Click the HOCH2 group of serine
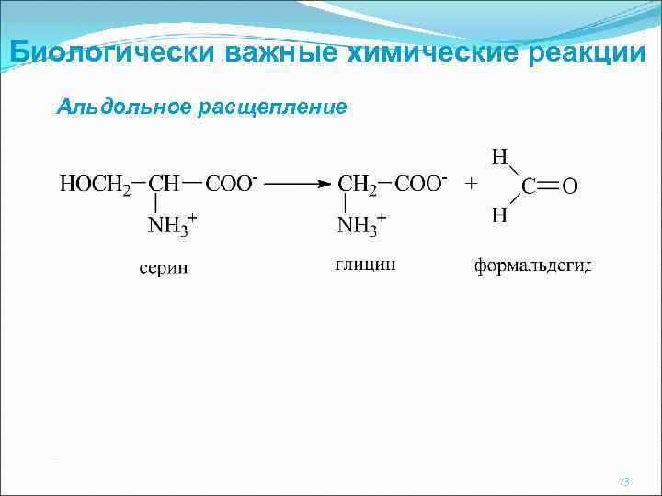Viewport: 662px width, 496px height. [96, 186]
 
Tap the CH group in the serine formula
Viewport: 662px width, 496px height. [165, 185]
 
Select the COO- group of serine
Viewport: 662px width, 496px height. [231, 184]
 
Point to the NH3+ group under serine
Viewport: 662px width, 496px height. [171, 226]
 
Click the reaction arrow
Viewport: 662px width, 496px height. [296, 184]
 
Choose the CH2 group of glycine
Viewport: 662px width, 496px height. [359, 186]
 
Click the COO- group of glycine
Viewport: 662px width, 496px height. [421, 184]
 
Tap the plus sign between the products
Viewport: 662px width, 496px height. [471, 184]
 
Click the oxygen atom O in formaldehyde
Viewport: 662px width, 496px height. [570, 187]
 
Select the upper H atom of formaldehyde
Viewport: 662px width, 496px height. [499, 157]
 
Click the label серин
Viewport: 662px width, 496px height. [164, 267]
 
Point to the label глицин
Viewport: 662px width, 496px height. [366, 265]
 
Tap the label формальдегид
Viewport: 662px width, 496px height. [532, 266]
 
